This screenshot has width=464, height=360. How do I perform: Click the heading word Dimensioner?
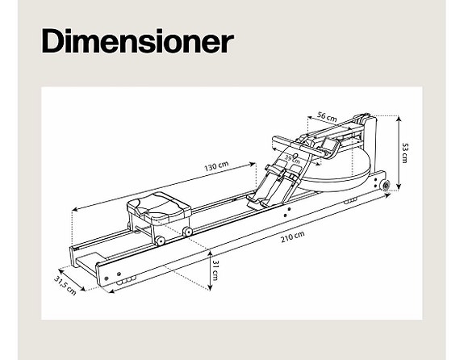(x=138, y=41)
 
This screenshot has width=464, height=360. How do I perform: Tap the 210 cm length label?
(x=292, y=237)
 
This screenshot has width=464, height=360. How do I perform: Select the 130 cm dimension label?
(x=216, y=166)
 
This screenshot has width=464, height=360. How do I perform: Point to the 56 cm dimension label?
(x=327, y=116)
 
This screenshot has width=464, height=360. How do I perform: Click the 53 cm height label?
(x=405, y=153)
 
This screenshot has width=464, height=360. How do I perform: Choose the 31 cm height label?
(x=215, y=270)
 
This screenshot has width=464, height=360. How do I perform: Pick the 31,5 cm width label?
(x=65, y=286)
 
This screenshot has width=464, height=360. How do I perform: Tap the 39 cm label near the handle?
(x=292, y=159)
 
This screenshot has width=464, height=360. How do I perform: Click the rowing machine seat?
(x=159, y=206)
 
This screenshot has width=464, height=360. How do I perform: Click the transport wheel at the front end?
(x=386, y=186)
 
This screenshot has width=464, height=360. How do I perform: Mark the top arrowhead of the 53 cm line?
(x=399, y=119)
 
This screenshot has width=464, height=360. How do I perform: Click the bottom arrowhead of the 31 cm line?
(x=210, y=287)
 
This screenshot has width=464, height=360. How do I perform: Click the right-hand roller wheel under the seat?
(x=187, y=231)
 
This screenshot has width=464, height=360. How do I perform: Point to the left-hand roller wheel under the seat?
(x=160, y=241)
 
